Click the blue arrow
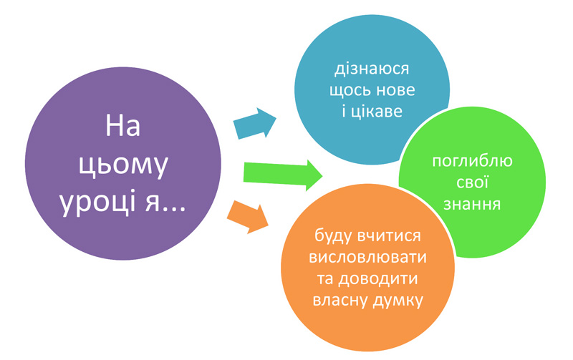(255, 123)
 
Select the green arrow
(282, 175)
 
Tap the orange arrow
(248, 218)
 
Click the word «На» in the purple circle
(122, 126)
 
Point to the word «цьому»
(123, 167)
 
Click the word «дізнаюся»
(372, 69)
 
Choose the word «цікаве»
(377, 112)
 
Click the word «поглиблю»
(472, 161)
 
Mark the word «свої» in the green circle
(472, 183)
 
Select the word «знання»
(472, 204)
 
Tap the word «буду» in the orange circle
(333, 236)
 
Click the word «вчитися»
(389, 237)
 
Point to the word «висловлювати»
(367, 258)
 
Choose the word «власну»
(342, 301)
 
